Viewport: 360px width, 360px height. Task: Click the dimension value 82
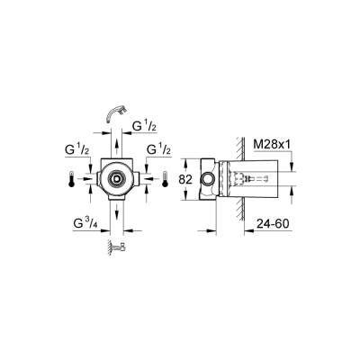(x=187, y=180)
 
